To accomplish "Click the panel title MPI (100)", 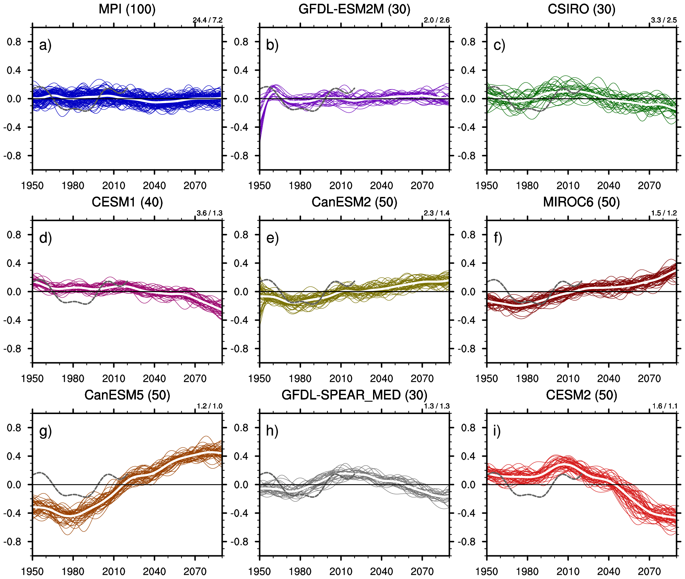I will click(x=127, y=9).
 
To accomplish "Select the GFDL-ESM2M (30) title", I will click(x=354, y=9).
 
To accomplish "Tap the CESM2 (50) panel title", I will click(x=581, y=395).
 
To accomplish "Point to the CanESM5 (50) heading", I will click(x=127, y=395).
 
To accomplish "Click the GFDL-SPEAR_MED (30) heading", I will click(x=354, y=395).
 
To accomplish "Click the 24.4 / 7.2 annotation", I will click(x=208, y=20).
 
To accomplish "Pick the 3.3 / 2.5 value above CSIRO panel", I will click(x=664, y=20).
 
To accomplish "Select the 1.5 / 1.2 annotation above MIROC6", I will click(x=664, y=213).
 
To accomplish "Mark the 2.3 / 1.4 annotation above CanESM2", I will click(x=436, y=213).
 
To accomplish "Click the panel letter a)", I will click(x=45, y=45).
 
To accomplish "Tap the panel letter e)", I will click(x=272, y=238).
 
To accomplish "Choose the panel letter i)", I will click(x=497, y=431).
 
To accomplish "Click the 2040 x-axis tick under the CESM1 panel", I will click(x=154, y=379).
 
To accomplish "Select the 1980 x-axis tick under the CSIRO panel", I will click(x=527, y=186).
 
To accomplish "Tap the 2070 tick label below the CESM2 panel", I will click(x=649, y=572).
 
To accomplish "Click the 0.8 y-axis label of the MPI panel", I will click(x=14, y=42).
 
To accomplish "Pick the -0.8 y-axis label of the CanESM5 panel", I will click(x=12, y=542).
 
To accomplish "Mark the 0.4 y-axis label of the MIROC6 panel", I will click(x=468, y=264).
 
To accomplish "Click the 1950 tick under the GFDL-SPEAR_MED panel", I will click(x=259, y=572).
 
